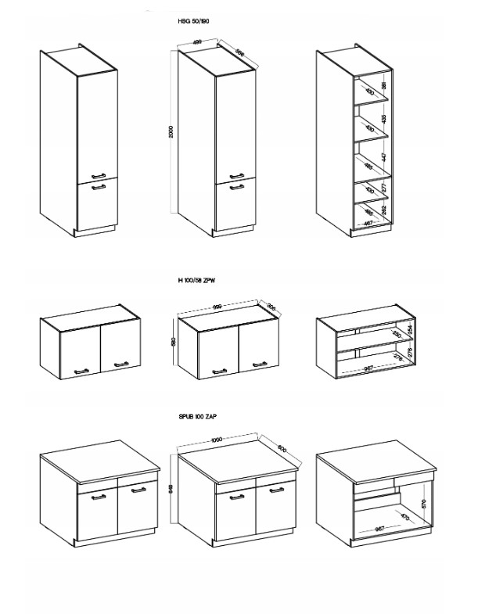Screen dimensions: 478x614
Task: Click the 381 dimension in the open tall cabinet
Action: tap(383, 86)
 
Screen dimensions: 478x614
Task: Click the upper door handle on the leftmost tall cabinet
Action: tap(99, 174)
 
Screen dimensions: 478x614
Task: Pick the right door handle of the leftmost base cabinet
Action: tap(138, 490)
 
